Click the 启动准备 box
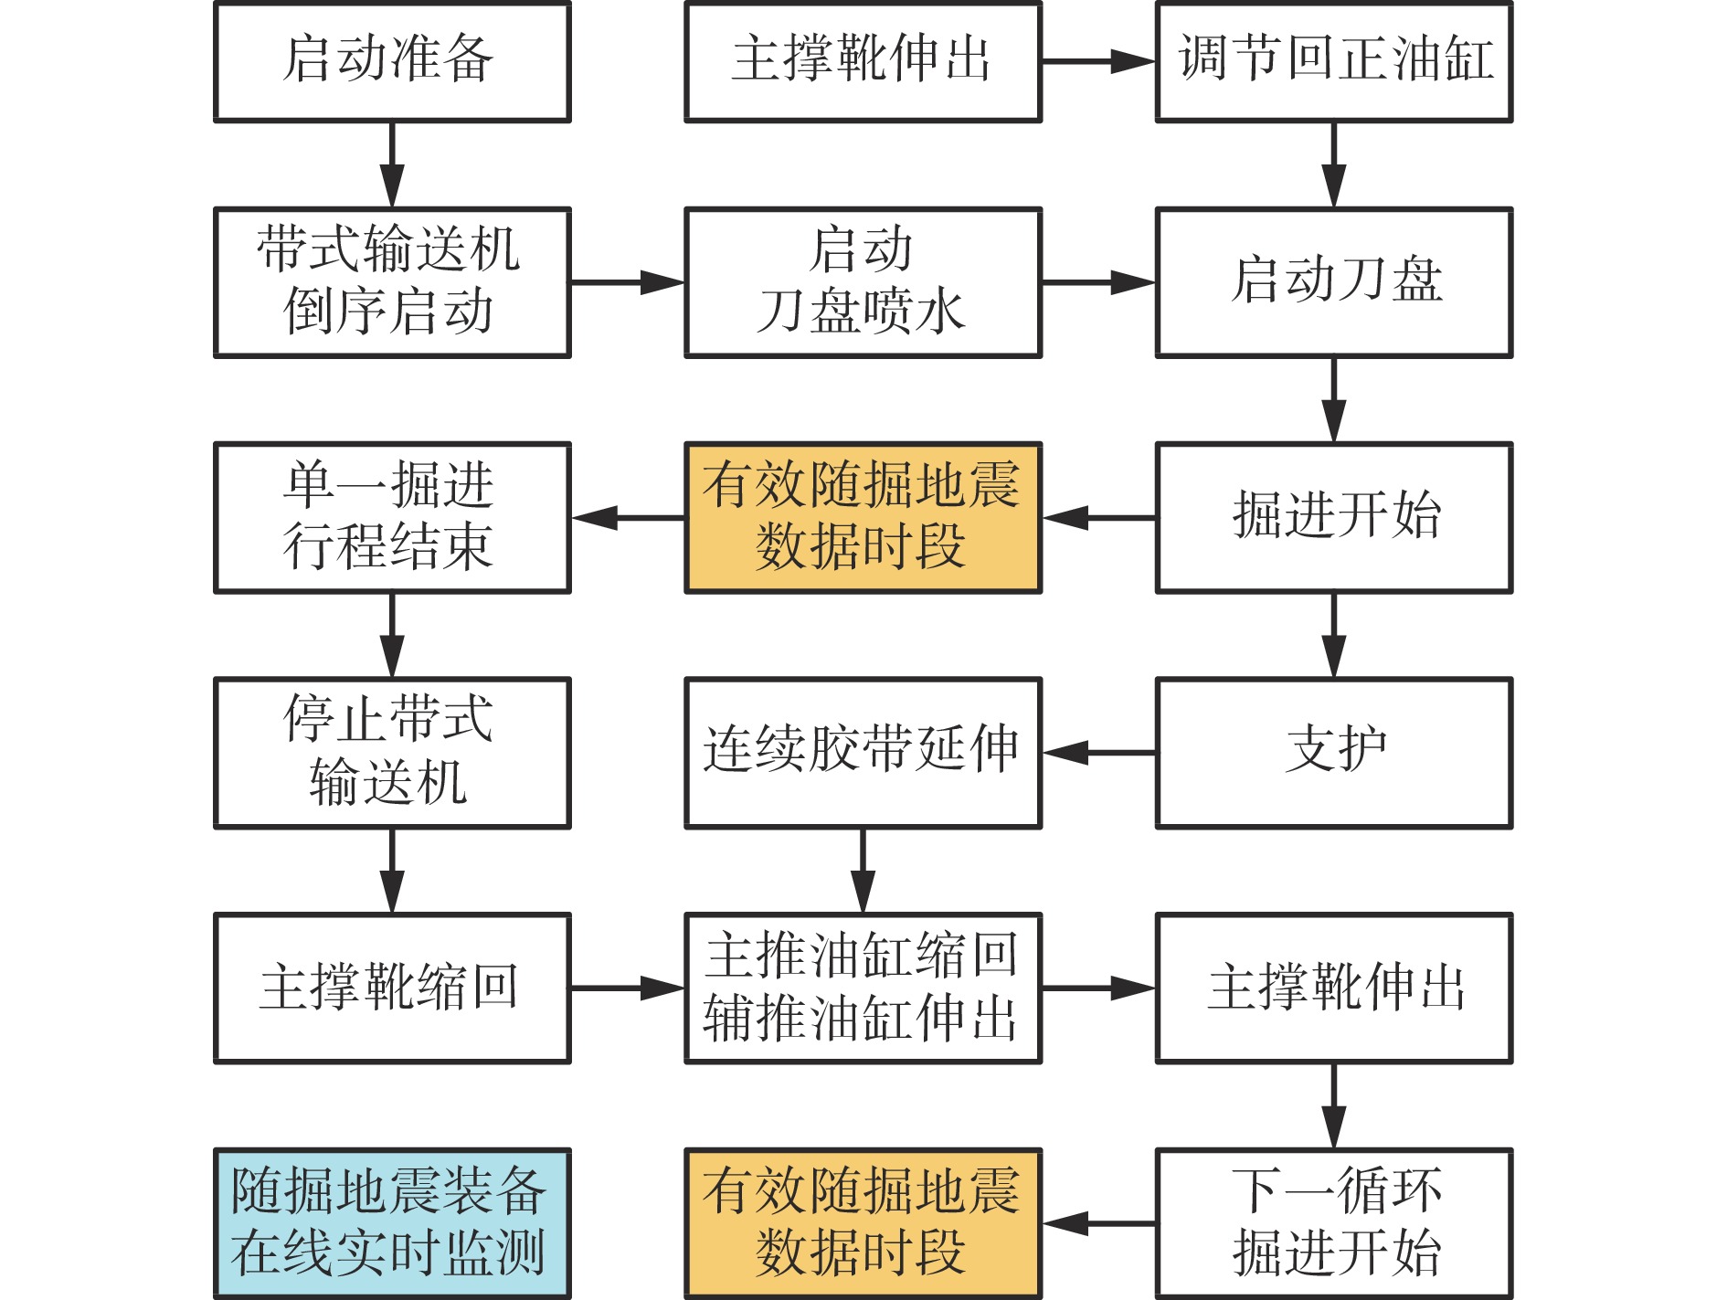click(392, 61)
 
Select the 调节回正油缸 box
click(1333, 61)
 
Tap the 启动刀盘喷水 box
click(863, 282)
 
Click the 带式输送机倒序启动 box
click(392, 282)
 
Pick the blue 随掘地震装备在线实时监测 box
click(392, 1222)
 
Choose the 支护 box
click(1333, 753)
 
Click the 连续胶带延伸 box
click(863, 753)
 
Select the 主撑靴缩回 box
click(392, 988)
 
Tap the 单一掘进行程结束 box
click(392, 517)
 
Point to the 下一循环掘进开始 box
click(1333, 1222)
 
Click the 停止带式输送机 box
click(392, 753)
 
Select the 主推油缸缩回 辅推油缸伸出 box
click(863, 988)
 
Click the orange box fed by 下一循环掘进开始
click(863, 1222)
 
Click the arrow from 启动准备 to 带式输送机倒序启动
click(392, 164)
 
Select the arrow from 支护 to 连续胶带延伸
click(1098, 753)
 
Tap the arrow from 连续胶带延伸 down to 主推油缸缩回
click(863, 870)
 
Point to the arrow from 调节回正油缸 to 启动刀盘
click(1333, 164)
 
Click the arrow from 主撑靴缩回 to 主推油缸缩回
click(627, 988)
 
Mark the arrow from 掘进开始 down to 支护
click(1333, 635)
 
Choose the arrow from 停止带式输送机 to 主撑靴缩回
click(392, 870)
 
